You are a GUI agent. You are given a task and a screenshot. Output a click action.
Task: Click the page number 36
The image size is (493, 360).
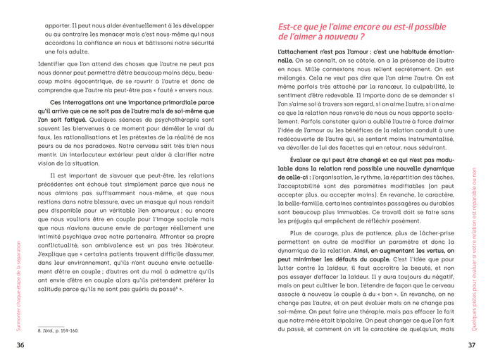20,345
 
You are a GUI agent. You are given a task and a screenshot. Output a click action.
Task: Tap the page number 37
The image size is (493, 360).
472,345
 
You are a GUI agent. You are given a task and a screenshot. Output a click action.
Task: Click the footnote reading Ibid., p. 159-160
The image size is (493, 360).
58,329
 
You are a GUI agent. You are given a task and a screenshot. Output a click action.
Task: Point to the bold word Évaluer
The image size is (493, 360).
307,160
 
